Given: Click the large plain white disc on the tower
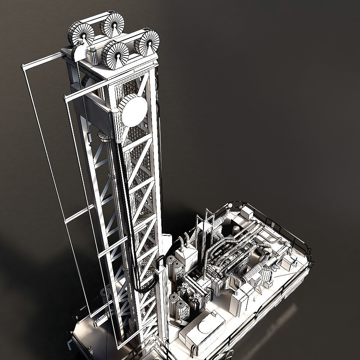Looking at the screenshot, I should [x=134, y=110].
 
